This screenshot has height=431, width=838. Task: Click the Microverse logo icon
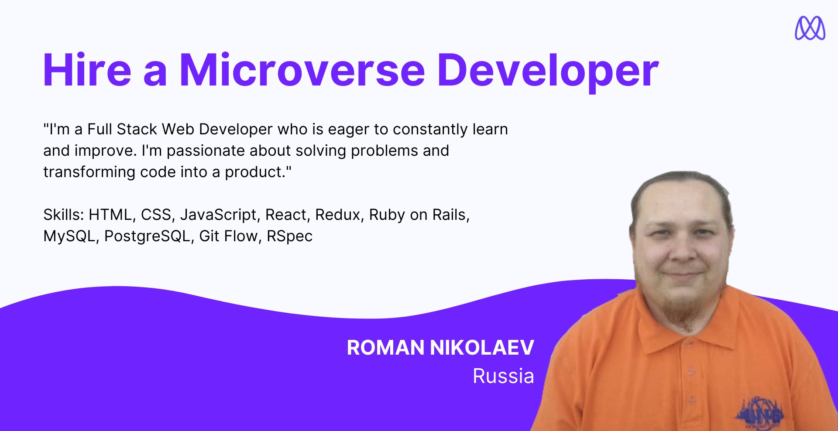[x=810, y=28]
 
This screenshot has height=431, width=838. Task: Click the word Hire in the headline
[x=87, y=70]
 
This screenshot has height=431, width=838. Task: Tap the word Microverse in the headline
[x=302, y=70]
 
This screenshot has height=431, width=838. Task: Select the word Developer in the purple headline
[x=548, y=72]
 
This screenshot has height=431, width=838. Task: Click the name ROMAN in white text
[x=385, y=348]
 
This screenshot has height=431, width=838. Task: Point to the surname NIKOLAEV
[x=482, y=348]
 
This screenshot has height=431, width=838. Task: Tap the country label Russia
[x=503, y=376]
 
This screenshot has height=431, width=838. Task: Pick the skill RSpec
[x=289, y=236]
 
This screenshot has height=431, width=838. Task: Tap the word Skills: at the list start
[x=64, y=215]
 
